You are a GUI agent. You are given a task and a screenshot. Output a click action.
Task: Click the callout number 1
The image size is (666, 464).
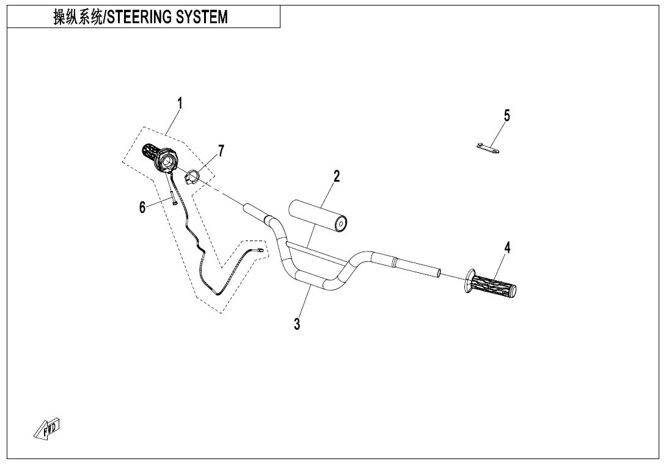click(x=180, y=104)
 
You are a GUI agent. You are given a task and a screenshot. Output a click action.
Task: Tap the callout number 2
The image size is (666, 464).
click(x=337, y=176)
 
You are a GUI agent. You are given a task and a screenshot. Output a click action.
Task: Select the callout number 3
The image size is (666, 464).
click(x=297, y=324)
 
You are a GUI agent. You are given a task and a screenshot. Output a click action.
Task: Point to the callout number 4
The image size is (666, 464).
click(x=507, y=247)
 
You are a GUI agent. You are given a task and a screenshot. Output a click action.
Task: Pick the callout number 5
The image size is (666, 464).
click(x=507, y=115)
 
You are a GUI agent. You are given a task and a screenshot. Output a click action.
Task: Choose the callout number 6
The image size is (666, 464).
click(x=142, y=208)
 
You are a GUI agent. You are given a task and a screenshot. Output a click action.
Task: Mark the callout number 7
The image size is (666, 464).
click(x=221, y=150)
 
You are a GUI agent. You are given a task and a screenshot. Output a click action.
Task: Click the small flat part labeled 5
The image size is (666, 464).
click(x=488, y=148)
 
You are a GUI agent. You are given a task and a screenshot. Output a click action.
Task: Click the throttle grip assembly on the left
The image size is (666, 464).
click(x=160, y=158)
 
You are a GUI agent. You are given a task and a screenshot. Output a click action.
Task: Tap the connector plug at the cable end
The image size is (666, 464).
click(x=261, y=250)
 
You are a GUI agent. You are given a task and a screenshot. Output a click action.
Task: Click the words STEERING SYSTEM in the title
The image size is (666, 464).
click(x=167, y=18)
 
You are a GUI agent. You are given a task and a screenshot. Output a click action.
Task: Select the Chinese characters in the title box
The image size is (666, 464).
click(x=78, y=18)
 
